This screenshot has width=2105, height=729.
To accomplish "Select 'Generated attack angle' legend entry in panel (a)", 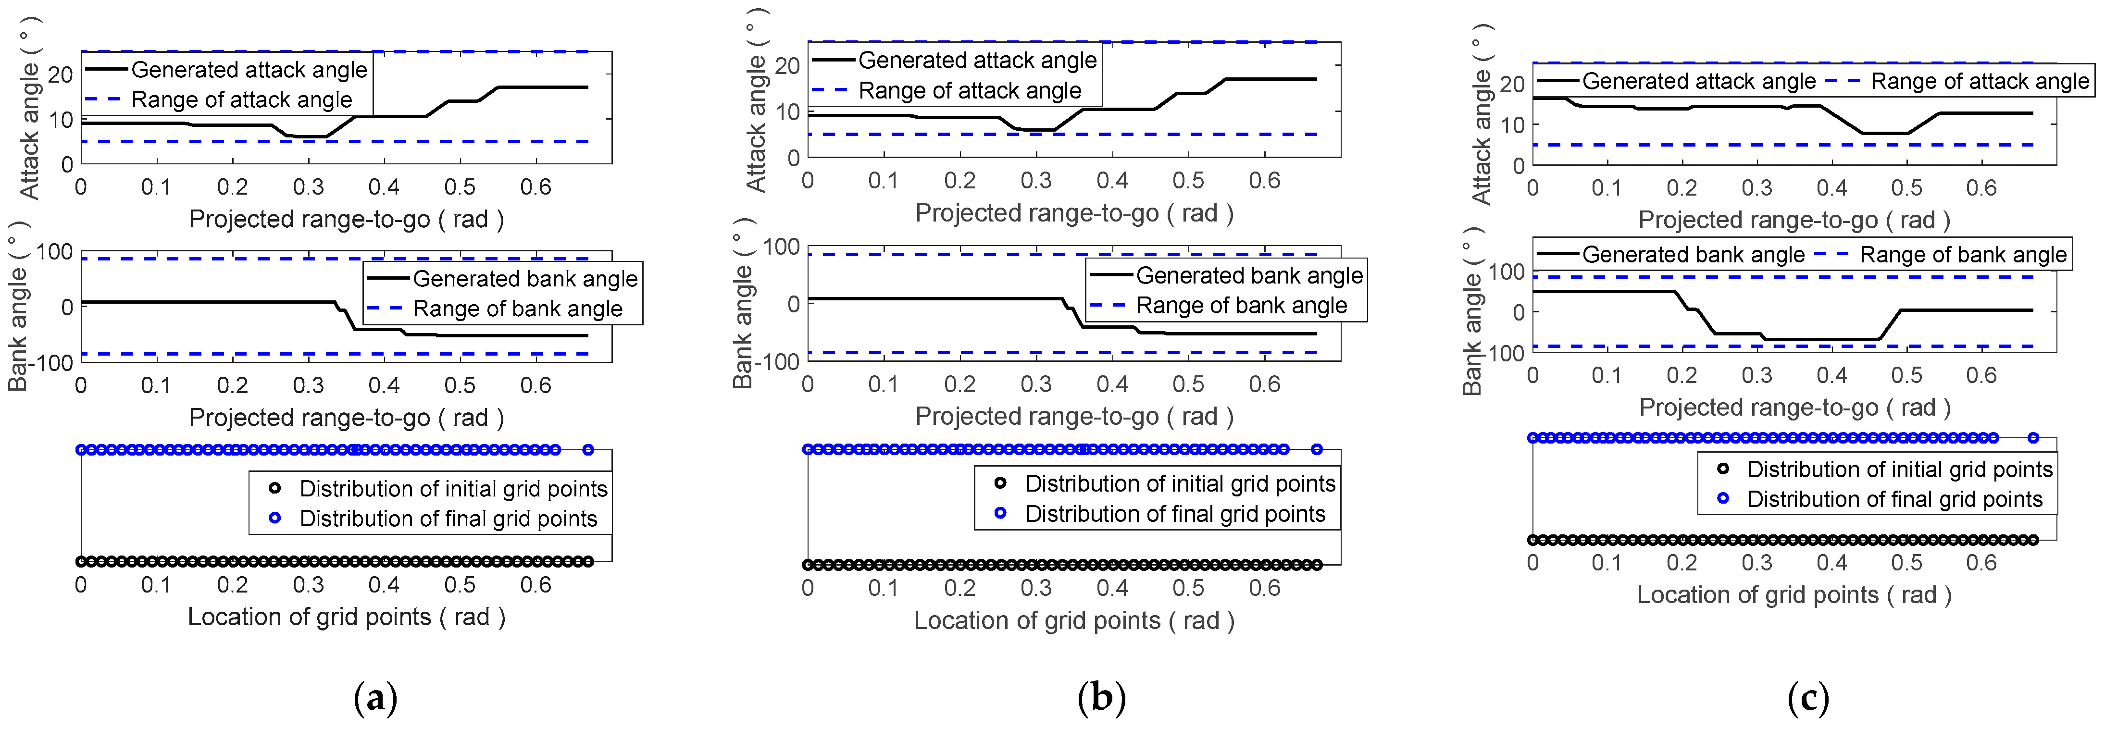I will pyautogui.click(x=249, y=70).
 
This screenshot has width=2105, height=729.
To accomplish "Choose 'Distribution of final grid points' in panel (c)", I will pyautogui.click(x=1894, y=499).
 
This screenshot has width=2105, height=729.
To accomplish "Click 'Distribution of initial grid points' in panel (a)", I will pyautogui.click(x=453, y=489).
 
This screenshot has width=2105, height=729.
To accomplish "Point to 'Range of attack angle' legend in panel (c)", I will pyautogui.click(x=1979, y=82).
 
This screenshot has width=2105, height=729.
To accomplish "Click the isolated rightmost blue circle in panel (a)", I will pyautogui.click(x=587, y=449).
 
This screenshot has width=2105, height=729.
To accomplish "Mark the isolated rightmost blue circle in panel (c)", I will pyautogui.click(x=2033, y=438).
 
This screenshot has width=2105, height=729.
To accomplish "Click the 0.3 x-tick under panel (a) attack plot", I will pyautogui.click(x=308, y=187).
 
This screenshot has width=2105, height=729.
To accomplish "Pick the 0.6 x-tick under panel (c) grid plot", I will pyautogui.click(x=1981, y=563).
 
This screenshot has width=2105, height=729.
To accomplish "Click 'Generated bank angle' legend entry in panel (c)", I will pyautogui.click(x=1693, y=255).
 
